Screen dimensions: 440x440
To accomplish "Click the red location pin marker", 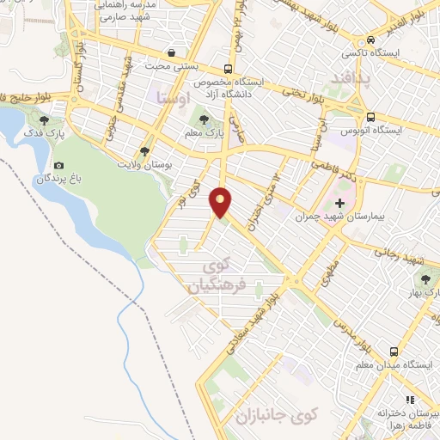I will [222, 201].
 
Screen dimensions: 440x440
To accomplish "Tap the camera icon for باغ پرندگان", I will [58, 165].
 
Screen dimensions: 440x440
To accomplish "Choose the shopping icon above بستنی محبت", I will [172, 52].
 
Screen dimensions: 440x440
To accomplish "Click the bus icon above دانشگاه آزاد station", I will [227, 69].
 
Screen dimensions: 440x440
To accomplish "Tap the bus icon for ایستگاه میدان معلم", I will [394, 351].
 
